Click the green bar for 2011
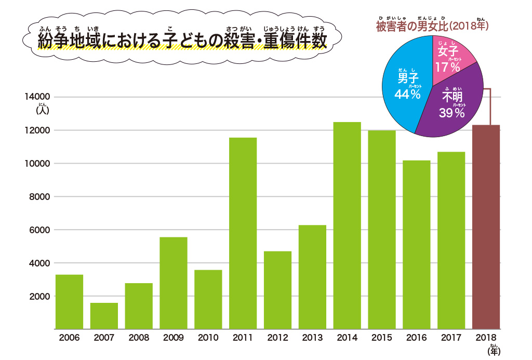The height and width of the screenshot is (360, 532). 243,233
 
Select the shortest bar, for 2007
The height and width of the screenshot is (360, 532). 104,316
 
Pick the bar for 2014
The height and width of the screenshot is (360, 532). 347,225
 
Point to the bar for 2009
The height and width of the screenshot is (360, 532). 174,283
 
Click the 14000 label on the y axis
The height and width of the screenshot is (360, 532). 38,97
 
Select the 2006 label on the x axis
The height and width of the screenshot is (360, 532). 69,338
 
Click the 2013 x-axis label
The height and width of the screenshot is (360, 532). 312,338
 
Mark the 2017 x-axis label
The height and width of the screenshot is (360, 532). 451,338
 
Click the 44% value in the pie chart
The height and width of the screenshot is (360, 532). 407,94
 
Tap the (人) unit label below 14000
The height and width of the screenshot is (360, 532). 42,110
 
